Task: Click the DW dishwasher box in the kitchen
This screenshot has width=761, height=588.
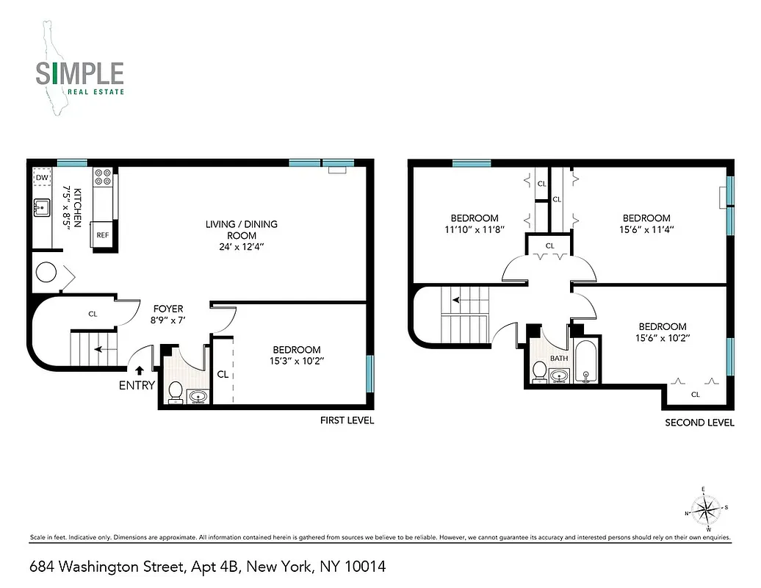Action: (x=42, y=178)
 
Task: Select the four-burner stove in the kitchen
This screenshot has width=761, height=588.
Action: (x=103, y=178)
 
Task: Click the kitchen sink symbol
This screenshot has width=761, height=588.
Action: (x=43, y=208)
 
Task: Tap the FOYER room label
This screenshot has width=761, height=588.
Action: (x=167, y=309)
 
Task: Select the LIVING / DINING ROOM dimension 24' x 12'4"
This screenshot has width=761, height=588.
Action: (x=242, y=248)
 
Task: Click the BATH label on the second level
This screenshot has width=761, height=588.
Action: (x=560, y=358)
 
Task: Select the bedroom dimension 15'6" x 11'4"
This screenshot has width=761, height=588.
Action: (x=646, y=229)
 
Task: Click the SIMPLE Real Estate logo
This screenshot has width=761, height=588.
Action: (x=79, y=73)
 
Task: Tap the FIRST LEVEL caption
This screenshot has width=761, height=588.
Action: (x=347, y=420)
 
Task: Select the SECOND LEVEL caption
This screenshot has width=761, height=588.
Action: (x=699, y=423)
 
